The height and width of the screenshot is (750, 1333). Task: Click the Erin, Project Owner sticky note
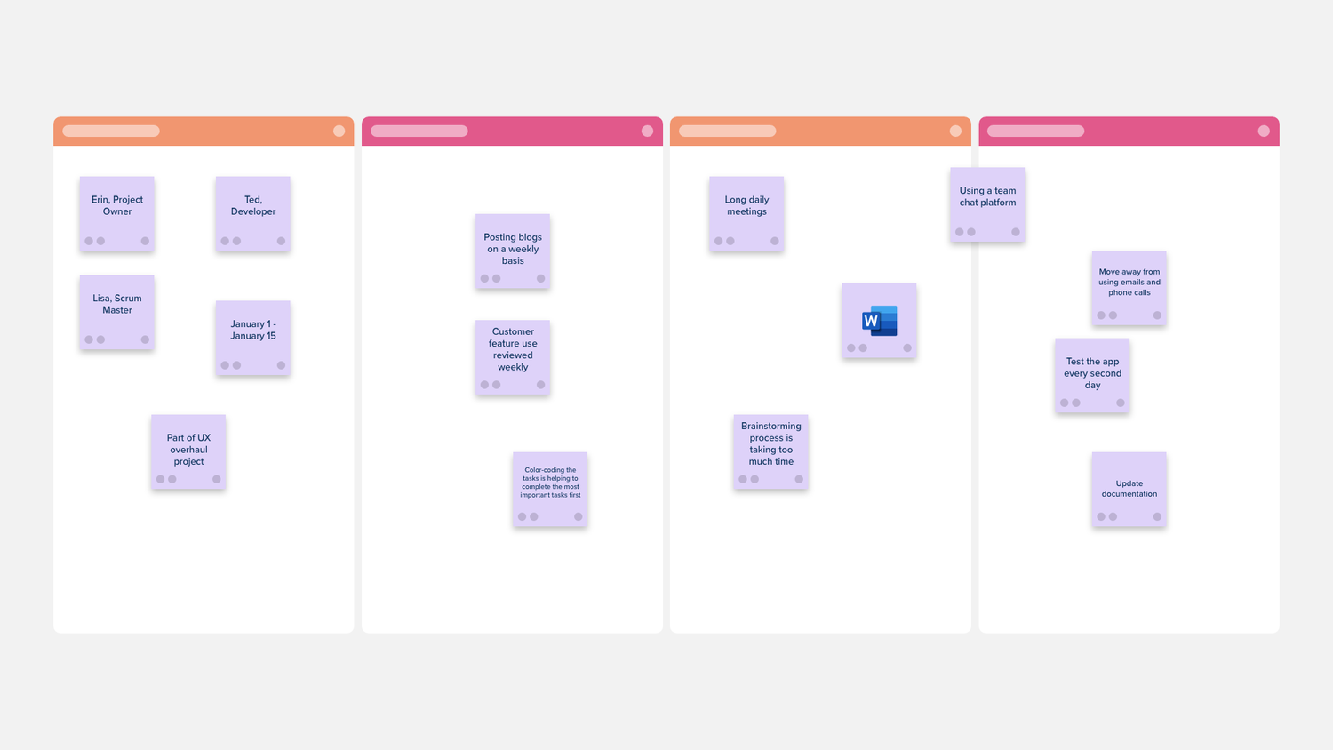pos(116,213)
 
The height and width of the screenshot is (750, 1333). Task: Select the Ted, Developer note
pos(253,213)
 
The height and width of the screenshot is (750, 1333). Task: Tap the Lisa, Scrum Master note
pos(116,312)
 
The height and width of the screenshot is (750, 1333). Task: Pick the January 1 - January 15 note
pos(253,338)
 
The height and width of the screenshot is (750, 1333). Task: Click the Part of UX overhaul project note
pos(188,451)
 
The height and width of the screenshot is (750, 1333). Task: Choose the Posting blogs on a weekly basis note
pos(513,251)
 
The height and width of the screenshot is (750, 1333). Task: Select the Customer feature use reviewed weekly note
pos(513,357)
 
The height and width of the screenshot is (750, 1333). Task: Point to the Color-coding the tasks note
pos(550,490)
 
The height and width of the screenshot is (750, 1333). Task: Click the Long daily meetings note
pos(746,213)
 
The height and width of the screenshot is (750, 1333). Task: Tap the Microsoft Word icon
pos(880,321)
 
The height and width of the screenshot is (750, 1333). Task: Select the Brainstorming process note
pos(770,451)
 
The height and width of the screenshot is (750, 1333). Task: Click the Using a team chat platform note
pos(987,204)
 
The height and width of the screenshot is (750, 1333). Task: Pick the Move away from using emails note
pos(1129,288)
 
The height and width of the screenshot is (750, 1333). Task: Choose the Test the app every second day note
pos(1092,376)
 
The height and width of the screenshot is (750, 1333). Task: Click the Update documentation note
pos(1129,490)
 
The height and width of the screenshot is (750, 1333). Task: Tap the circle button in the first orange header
pos(339,131)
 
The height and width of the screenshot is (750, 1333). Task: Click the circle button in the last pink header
pos(1264,131)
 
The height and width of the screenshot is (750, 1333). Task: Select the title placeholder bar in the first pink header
pos(419,131)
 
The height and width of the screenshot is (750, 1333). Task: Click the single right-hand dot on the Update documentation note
pos(1157,516)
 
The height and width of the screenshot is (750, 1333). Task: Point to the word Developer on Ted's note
pos(253,211)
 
